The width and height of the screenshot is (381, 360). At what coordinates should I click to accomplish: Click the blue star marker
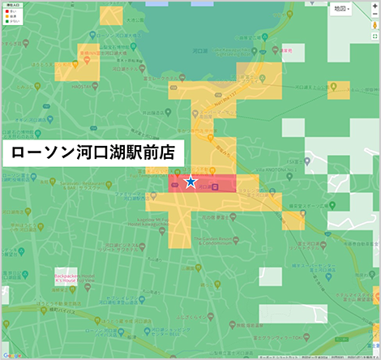[x=190, y=182]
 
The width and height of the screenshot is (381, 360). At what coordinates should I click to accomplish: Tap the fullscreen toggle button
[x=375, y=36]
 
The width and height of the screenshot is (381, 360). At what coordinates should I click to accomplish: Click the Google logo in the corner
[x=11, y=354]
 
